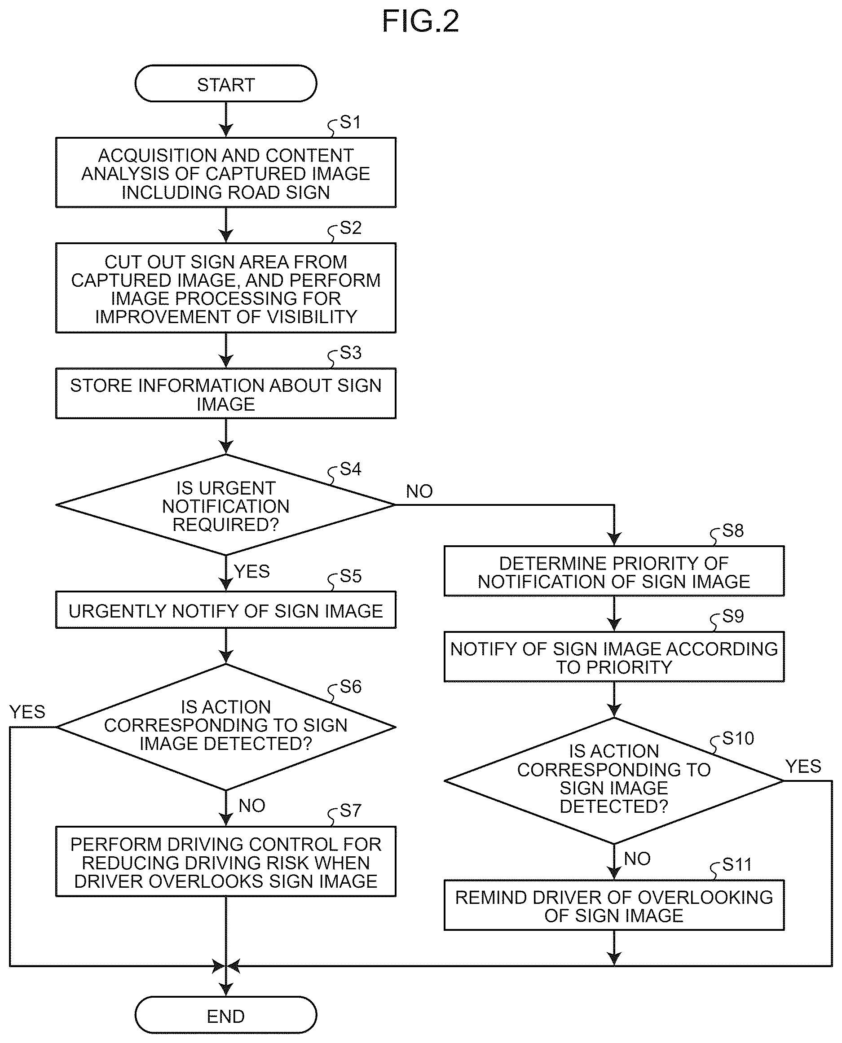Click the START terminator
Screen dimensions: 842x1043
click(x=226, y=84)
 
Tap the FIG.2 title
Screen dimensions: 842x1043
click(x=420, y=22)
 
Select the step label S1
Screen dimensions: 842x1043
click(x=350, y=122)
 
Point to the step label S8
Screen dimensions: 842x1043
click(x=733, y=531)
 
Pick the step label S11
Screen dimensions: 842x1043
click(x=737, y=865)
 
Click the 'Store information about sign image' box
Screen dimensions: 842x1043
click(x=226, y=394)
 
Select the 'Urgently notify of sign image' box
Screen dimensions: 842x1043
click(x=226, y=610)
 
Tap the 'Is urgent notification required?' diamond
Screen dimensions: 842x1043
click(x=226, y=505)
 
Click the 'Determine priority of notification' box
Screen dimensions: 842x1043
click(x=614, y=571)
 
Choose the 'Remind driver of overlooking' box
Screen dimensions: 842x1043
click(x=614, y=905)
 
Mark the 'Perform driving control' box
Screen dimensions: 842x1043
click(x=226, y=862)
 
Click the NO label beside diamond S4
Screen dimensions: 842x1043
click(x=419, y=491)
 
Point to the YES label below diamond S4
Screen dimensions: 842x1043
click(x=252, y=571)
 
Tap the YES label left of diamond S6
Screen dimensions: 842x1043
click(x=27, y=712)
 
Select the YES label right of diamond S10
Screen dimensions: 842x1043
click(x=803, y=767)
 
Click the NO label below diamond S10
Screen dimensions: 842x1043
click(x=637, y=859)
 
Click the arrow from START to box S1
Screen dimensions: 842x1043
click(x=226, y=120)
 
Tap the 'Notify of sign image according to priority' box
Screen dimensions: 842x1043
click(x=614, y=657)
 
